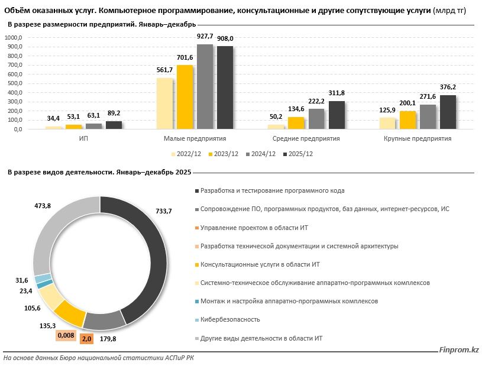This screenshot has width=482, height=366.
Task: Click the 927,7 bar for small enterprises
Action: (205, 87)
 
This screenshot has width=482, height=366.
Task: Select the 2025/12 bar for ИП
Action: (114, 125)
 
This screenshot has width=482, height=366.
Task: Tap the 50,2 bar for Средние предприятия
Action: (276, 127)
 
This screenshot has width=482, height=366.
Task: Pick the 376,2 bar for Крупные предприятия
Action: (447, 112)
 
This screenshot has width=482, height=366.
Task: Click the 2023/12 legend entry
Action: (222, 154)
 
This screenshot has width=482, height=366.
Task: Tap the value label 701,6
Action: (185, 57)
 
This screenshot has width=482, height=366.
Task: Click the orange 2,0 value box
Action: (86, 339)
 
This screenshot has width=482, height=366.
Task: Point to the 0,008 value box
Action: (65, 335)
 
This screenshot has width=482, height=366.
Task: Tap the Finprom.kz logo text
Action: (459, 351)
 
